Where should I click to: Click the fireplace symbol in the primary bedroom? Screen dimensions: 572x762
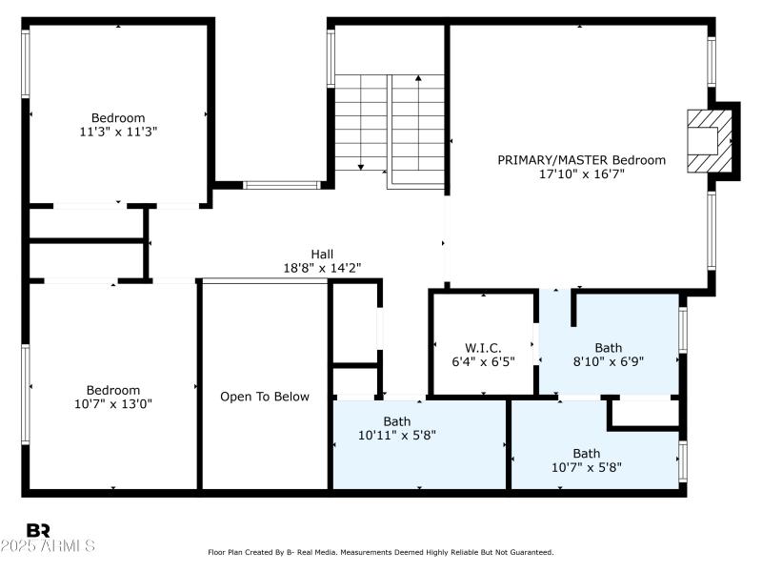coord(712,140)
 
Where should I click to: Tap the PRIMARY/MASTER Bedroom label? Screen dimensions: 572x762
coord(581,160)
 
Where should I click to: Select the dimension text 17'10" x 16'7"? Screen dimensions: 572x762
coord(581,174)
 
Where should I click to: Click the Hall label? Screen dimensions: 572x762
coord(322,254)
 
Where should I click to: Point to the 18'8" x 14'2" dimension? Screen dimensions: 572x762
coord(322,268)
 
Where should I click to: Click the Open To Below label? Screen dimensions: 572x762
coord(265,397)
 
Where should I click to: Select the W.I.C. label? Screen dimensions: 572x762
coord(483,348)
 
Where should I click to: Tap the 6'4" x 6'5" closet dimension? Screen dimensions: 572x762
coord(483,362)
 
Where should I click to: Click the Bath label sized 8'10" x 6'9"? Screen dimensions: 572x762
coord(608,348)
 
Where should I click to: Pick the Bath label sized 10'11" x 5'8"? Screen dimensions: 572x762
coord(397,420)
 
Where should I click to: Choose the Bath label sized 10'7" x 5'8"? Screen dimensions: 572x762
coord(586,453)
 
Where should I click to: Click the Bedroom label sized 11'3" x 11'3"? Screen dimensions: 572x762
coord(118,118)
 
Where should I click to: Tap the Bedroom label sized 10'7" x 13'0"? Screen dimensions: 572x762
coord(113,390)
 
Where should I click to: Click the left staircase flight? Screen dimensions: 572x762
coord(361,124)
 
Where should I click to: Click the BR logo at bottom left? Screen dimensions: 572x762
coord(38,530)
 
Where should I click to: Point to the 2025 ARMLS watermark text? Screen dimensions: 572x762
coord(48,546)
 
